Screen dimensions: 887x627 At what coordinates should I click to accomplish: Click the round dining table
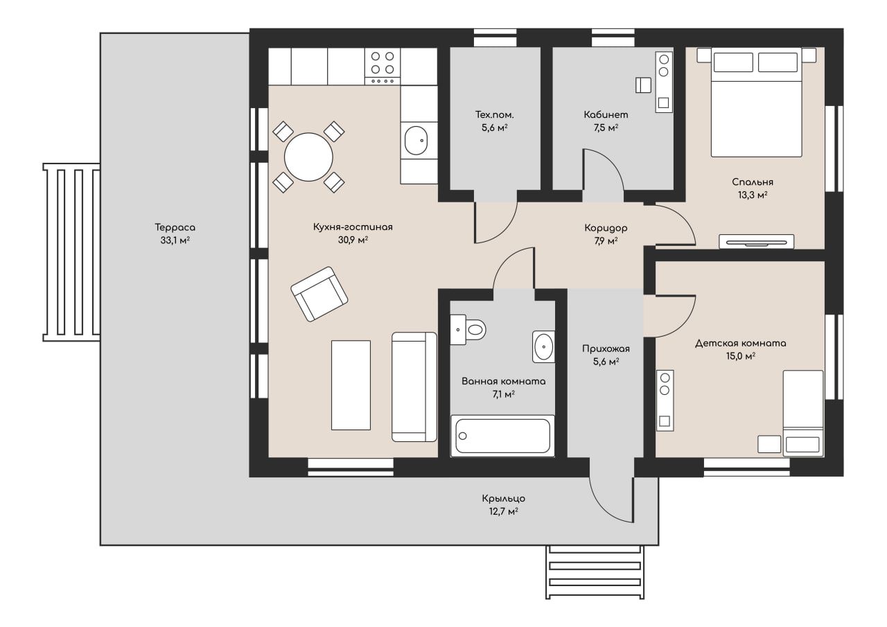click(x=308, y=157)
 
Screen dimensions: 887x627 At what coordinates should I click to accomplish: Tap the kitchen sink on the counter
click(x=416, y=141)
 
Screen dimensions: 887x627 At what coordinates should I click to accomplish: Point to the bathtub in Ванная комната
click(x=502, y=436)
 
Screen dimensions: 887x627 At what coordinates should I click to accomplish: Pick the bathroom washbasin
click(x=543, y=346)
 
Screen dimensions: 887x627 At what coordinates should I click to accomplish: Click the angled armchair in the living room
click(x=319, y=294)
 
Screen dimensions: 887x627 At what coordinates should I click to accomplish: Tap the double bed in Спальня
click(x=756, y=102)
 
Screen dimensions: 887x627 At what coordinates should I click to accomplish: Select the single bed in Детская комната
click(x=803, y=413)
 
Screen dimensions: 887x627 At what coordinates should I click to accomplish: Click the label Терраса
click(x=175, y=228)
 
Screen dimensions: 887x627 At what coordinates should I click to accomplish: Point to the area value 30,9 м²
click(x=353, y=240)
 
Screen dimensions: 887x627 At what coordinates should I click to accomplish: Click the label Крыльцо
click(x=504, y=498)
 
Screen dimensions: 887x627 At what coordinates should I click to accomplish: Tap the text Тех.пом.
click(x=495, y=115)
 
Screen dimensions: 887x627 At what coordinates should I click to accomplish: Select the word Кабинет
click(x=606, y=115)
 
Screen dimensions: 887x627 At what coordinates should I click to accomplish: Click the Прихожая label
click(x=606, y=348)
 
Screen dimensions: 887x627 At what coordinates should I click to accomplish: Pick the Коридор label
click(x=606, y=229)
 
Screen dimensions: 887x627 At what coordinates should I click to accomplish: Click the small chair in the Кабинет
click(x=643, y=85)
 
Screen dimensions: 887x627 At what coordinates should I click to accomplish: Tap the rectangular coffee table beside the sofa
click(x=351, y=385)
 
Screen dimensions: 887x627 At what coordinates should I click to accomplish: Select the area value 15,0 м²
click(x=741, y=356)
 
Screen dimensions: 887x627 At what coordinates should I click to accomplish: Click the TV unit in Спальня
click(x=756, y=242)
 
